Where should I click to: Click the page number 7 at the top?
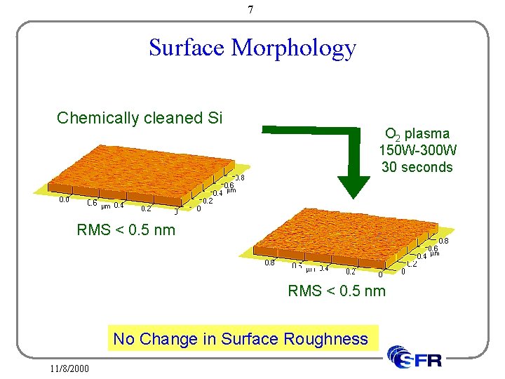click(x=250, y=10)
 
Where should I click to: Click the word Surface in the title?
click(x=187, y=48)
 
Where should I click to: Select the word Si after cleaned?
click(x=215, y=118)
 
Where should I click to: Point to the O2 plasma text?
click(x=417, y=133)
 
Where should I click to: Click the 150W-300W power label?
click(x=417, y=150)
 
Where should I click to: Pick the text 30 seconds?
click(x=417, y=167)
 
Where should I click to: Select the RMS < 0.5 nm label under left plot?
click(x=126, y=230)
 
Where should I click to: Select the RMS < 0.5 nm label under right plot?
click(x=337, y=291)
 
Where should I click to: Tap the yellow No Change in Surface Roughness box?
click(x=241, y=339)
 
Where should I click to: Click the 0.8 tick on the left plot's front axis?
click(x=64, y=199)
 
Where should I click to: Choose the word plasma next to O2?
click(x=427, y=133)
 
